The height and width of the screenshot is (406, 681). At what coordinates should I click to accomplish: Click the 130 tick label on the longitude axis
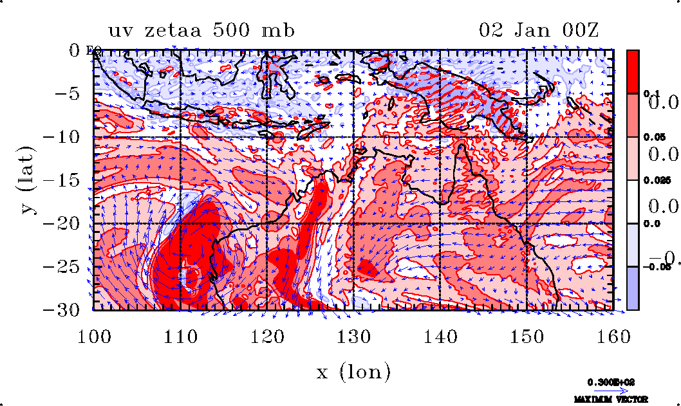point(353,336)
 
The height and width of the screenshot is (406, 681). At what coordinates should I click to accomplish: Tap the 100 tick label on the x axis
point(94,336)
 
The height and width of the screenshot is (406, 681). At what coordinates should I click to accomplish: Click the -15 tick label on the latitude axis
point(67,181)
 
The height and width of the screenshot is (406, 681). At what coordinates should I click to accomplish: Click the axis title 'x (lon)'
point(353,371)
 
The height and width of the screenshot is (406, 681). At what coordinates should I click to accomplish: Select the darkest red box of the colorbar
point(633,71)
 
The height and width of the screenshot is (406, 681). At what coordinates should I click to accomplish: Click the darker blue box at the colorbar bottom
point(633,288)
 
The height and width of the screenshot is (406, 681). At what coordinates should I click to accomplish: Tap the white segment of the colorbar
point(633,202)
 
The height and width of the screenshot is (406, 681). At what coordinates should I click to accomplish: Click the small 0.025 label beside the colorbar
point(653,181)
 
